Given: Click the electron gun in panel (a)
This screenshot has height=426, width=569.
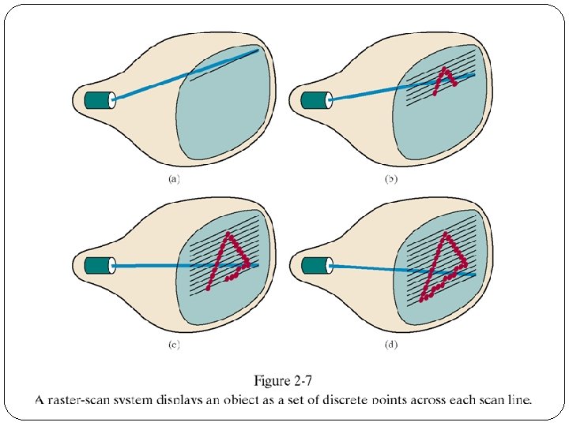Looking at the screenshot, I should point(100,99).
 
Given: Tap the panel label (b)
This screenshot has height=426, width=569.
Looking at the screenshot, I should point(390,179).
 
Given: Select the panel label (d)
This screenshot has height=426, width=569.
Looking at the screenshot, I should point(390,345).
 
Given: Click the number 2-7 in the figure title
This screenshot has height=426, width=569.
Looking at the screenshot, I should point(308,382).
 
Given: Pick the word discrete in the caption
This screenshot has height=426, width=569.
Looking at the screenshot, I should point(343,399).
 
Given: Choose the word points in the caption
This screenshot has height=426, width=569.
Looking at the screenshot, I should point(391,399).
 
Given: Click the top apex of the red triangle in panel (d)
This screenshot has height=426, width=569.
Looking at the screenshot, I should point(447,234).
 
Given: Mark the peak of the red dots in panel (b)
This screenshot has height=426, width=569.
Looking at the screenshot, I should point(446,70).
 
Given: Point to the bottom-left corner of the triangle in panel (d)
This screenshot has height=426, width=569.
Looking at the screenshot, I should point(423,299).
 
